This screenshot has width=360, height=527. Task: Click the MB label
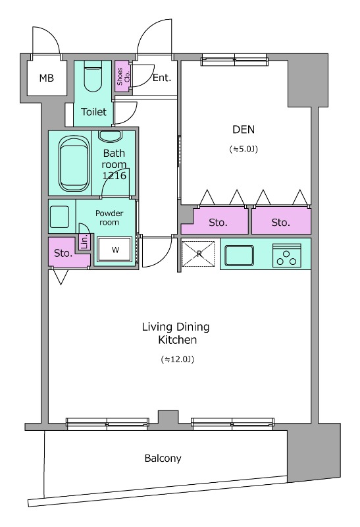[x=46, y=78]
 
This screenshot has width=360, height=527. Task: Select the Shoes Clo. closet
[x=122, y=76]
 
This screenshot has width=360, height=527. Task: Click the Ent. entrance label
[x=162, y=78]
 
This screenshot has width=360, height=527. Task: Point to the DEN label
[x=244, y=129]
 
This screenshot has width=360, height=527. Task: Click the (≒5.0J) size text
[x=244, y=149]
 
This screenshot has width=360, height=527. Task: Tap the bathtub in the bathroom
[x=74, y=163]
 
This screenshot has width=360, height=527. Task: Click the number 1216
[x=114, y=175]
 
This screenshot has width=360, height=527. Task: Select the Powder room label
[x=109, y=218]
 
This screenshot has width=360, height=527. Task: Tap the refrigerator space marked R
[x=198, y=254]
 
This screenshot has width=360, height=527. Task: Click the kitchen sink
[x=240, y=255]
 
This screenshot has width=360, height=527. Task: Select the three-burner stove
[x=287, y=256]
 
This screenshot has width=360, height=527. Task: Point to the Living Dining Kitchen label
[x=176, y=333]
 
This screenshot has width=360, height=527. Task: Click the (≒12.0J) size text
[x=178, y=359]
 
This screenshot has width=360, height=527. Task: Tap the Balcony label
[x=163, y=458]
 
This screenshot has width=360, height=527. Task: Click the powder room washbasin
[x=59, y=217]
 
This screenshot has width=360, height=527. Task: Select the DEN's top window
[x=234, y=60]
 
